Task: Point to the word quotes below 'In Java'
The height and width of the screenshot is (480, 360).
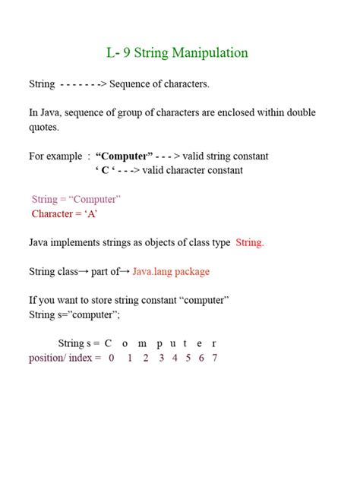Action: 45,127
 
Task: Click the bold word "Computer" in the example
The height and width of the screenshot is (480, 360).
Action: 128,156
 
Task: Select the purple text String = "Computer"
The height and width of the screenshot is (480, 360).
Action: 76,199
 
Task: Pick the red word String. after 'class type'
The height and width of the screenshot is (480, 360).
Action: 250,242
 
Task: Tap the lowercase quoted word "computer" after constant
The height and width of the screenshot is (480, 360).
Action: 199,300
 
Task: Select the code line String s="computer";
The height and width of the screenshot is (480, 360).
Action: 74,314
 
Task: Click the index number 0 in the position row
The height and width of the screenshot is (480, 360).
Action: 112,358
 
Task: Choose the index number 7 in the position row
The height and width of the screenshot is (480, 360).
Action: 215,358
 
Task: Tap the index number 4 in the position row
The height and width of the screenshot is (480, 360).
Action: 174,358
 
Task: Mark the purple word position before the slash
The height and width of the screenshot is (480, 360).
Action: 46,358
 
